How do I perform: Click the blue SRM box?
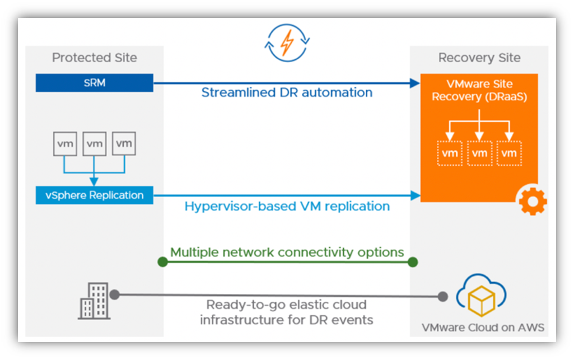[x=94, y=83]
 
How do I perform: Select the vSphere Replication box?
[x=94, y=195]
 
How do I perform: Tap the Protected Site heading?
[x=94, y=58]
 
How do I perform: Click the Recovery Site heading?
[x=479, y=58]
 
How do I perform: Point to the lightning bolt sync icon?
[x=287, y=43]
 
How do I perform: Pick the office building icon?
[x=92, y=300]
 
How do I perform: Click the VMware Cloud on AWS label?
[x=482, y=328]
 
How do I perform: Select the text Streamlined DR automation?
[x=287, y=92]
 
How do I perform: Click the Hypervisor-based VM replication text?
[x=287, y=206]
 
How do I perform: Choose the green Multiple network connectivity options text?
[x=287, y=252]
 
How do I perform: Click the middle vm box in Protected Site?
[x=95, y=144]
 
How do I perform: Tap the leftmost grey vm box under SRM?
[x=66, y=144]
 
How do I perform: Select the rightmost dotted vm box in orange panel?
[x=508, y=153]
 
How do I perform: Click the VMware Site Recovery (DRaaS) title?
[x=479, y=90]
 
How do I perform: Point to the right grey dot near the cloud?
[x=443, y=296]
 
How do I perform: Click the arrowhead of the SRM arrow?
[x=415, y=83]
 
